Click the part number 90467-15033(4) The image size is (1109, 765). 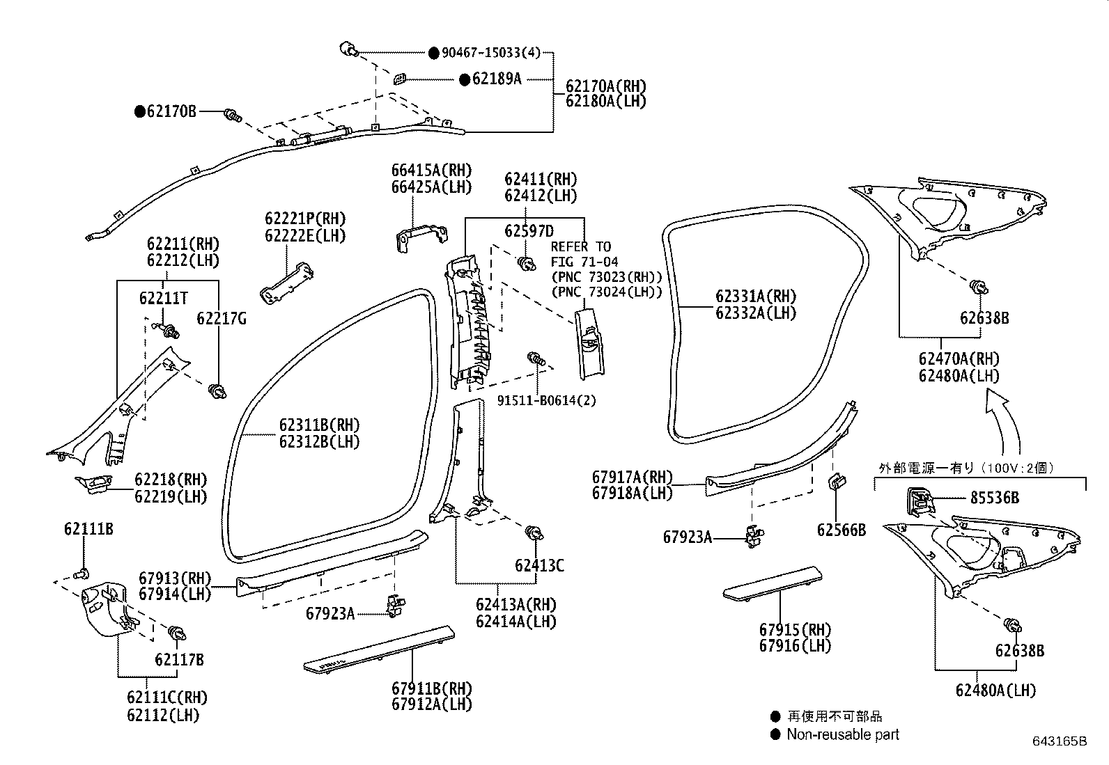point(491,52)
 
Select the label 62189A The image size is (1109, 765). point(497,79)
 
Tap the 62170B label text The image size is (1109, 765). point(171,111)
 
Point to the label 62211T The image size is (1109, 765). point(164,299)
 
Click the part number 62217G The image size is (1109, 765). point(222,318)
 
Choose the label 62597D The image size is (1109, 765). point(529,230)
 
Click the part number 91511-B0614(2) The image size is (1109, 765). point(547,400)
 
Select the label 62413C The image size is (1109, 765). point(539,565)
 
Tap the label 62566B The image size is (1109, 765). point(842,530)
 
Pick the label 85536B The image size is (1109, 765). point(995,497)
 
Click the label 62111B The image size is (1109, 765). point(88,529)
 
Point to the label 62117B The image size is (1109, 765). point(179,660)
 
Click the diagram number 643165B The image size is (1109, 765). point(1060,741)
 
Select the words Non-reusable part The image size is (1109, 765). point(843,734)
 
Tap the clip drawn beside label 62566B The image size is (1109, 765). point(837,482)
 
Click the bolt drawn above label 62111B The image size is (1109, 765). point(82,574)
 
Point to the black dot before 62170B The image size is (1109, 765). point(140,111)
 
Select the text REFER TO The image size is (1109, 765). point(581,246)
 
